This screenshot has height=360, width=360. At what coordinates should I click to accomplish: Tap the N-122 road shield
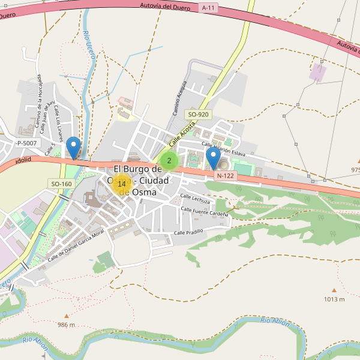coord(224,176)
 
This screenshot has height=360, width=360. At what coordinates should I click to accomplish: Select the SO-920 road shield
coord(198,114)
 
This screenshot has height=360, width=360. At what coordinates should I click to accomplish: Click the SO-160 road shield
coord(61,184)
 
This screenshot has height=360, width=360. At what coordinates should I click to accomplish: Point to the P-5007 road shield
coord(26,143)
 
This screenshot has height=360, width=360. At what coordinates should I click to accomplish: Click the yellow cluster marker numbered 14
coord(121,184)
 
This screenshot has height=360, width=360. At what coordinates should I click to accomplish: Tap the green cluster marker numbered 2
coord(169,160)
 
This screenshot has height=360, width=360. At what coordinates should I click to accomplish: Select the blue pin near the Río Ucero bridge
coord(74,147)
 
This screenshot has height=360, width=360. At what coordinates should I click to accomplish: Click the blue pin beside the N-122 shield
coord(213,158)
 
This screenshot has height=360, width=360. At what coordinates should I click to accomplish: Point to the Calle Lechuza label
coord(196,200)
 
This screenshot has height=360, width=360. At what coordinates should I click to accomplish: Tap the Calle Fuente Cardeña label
coord(205,212)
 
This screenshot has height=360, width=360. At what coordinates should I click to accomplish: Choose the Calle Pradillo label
coord(189,232)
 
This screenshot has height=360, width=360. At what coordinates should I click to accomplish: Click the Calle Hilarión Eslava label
coord(223,149)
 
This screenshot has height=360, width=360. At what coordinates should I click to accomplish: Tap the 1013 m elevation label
coord(334,299)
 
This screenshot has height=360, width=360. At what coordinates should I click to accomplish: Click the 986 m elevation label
coord(66,325)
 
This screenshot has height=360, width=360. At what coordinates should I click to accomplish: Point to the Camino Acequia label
coord(180,98)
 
